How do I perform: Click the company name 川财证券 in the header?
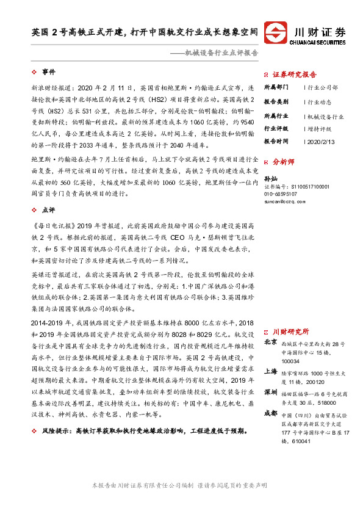[x=320, y=31]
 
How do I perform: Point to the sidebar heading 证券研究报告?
[x=296, y=72]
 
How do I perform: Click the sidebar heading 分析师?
[x=283, y=162]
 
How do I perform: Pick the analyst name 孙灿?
[x=271, y=178]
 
